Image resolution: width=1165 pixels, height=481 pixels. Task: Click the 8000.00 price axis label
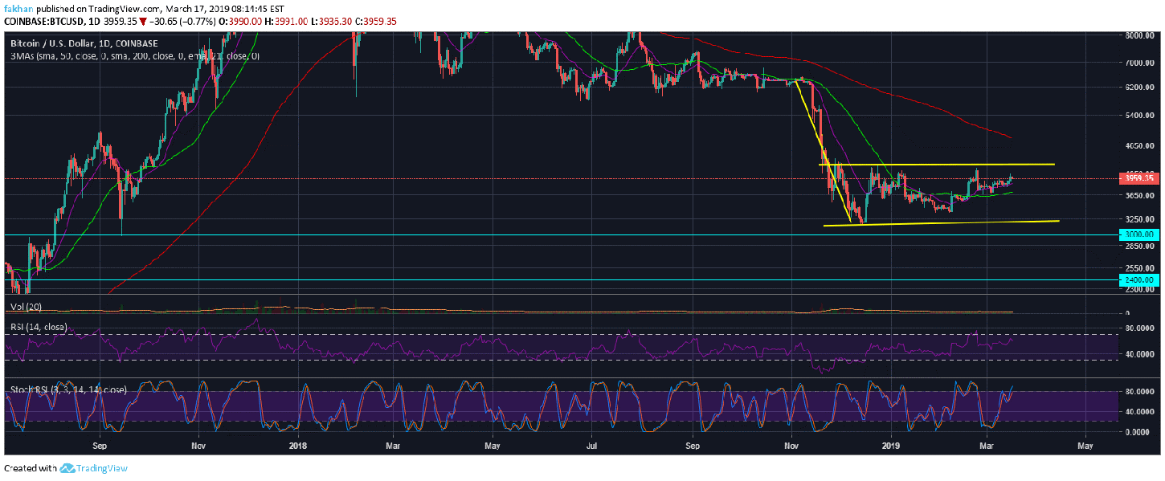tap(1138, 35)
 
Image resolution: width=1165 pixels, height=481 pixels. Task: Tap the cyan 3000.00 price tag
tap(1139, 234)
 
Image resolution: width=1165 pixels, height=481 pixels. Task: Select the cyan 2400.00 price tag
tap(1139, 279)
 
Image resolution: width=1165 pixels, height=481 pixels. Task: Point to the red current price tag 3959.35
tap(1139, 177)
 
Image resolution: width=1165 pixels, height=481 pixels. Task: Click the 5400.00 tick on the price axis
tap(1138, 116)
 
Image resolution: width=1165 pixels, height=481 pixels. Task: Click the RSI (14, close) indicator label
tap(38, 327)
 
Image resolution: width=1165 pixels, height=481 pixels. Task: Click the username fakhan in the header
tap(18, 7)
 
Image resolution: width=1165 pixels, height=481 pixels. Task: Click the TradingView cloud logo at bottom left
tap(67, 468)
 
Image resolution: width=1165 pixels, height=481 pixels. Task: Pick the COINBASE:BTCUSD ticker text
tap(39, 19)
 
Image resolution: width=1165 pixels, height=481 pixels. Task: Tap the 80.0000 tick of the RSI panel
tap(1138, 328)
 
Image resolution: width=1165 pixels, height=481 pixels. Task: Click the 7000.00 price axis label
tap(1138, 63)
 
